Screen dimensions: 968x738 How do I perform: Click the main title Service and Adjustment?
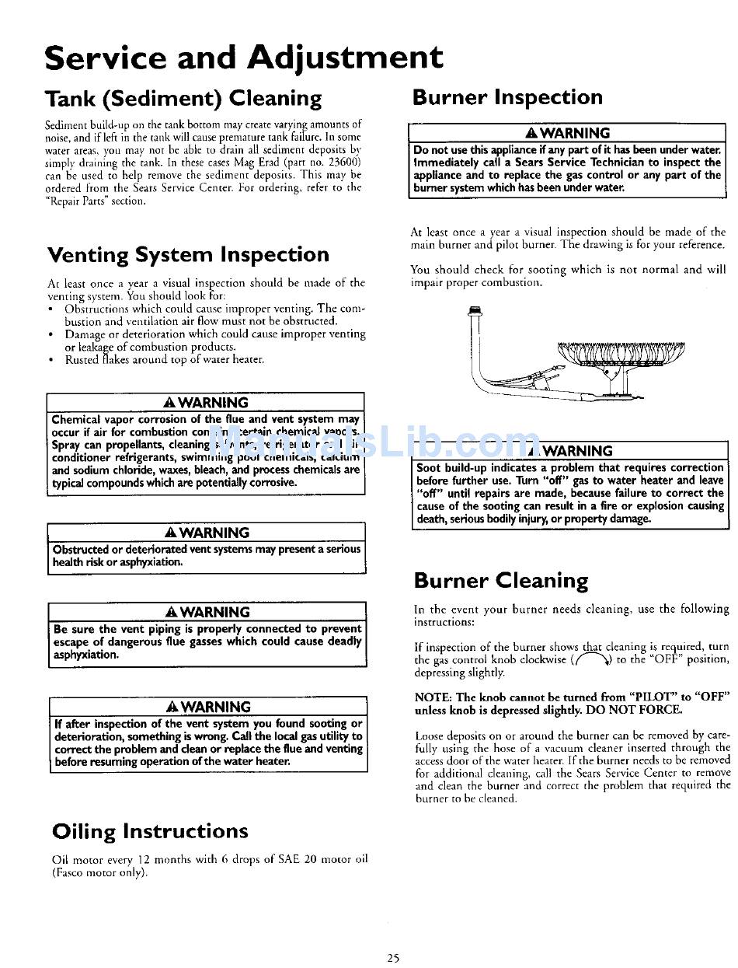(x=243, y=58)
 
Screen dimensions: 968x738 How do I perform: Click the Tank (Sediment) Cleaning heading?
(x=183, y=99)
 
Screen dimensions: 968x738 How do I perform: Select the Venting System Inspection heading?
(x=188, y=255)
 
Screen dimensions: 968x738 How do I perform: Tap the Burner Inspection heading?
(x=507, y=97)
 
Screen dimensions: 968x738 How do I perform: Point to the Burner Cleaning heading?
(x=501, y=581)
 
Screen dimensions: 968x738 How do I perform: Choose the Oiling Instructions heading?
(x=150, y=831)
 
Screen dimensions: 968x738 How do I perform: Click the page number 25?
(x=393, y=958)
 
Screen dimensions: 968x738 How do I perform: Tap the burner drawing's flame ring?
(x=621, y=352)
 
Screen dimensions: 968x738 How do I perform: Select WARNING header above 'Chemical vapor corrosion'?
(x=207, y=403)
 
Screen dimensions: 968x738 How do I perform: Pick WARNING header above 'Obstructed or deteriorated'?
(x=207, y=533)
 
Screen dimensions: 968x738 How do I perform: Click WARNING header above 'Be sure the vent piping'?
(x=207, y=612)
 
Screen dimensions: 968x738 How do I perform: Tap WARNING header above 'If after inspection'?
(x=208, y=707)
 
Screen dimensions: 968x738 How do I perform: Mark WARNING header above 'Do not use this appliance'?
(x=568, y=133)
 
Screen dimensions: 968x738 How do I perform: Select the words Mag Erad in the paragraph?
(x=233, y=162)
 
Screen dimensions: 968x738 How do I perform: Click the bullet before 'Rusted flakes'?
(x=50, y=359)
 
